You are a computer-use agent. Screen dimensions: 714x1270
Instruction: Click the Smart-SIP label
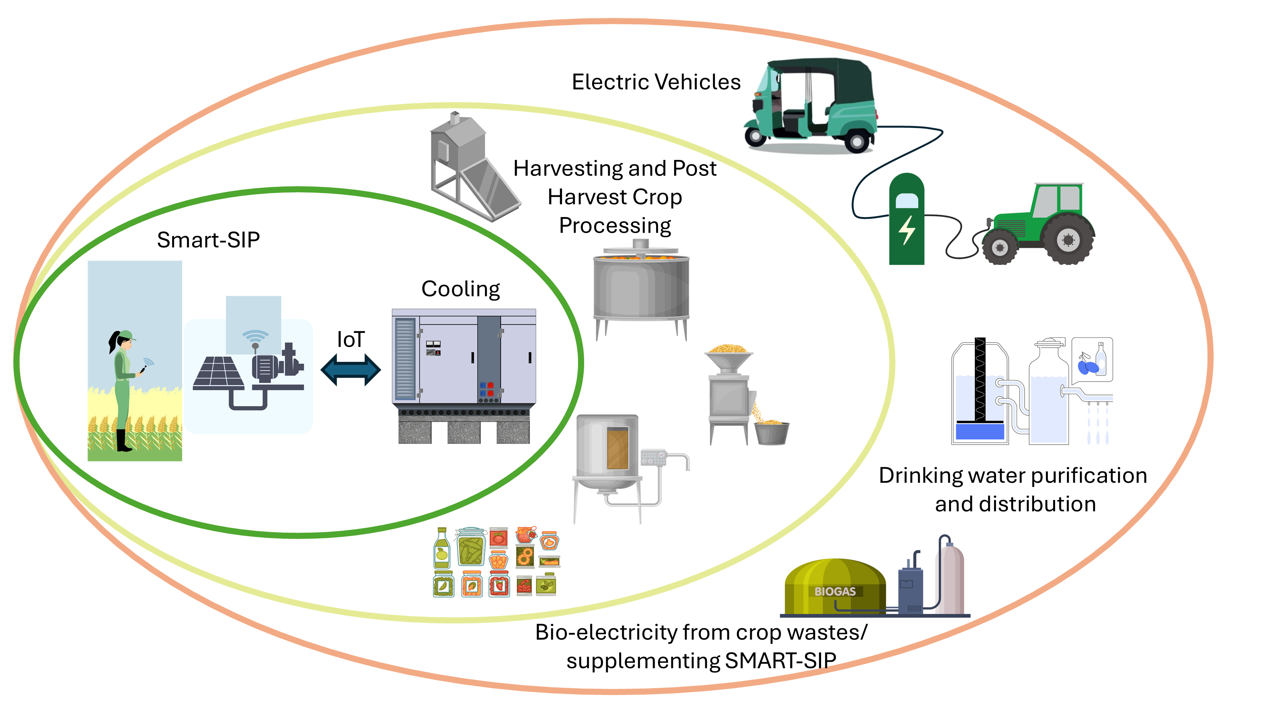208,240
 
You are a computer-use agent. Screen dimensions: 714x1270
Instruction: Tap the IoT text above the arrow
351,340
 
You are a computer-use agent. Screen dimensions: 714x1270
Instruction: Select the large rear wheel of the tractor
1068,240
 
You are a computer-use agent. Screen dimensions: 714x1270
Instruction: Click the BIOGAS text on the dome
835,591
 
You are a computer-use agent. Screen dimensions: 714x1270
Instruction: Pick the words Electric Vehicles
656,82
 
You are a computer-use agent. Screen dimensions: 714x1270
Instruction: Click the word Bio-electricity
606,633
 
